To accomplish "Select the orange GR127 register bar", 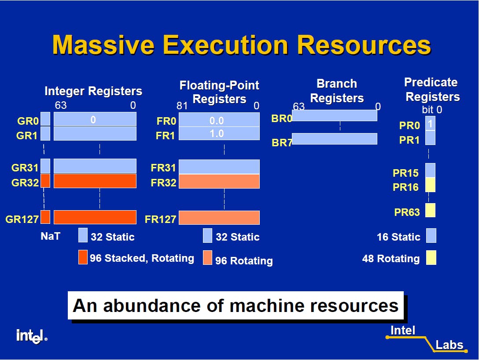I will pyautogui.click(x=95, y=217).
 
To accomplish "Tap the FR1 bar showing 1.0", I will pyautogui.click(x=219, y=134).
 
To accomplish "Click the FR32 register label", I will pyautogui.click(x=163, y=182).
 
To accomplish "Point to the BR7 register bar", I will pyautogui.click(x=335, y=139).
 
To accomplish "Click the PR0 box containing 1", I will pyautogui.click(x=431, y=123).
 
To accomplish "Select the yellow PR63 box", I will pyautogui.click(x=431, y=210).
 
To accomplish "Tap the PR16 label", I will pyautogui.click(x=405, y=187).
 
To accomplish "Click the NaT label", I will pyautogui.click(x=50, y=236).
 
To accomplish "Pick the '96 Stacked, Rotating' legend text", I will pyautogui.click(x=142, y=258).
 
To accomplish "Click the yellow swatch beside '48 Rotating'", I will pyautogui.click(x=431, y=257).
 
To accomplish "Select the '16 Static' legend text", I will pyautogui.click(x=398, y=237).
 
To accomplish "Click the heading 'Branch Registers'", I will pyautogui.click(x=337, y=91).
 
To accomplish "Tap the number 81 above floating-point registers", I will pyautogui.click(x=182, y=106).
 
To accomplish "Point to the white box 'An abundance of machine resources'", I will pyautogui.click(x=236, y=305).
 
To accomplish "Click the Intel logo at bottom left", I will pyautogui.click(x=31, y=336).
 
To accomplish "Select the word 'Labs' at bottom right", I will pyautogui.click(x=449, y=345).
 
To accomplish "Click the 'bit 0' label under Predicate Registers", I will pyautogui.click(x=431, y=110).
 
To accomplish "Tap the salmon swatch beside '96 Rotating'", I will pyautogui.click(x=207, y=258).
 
